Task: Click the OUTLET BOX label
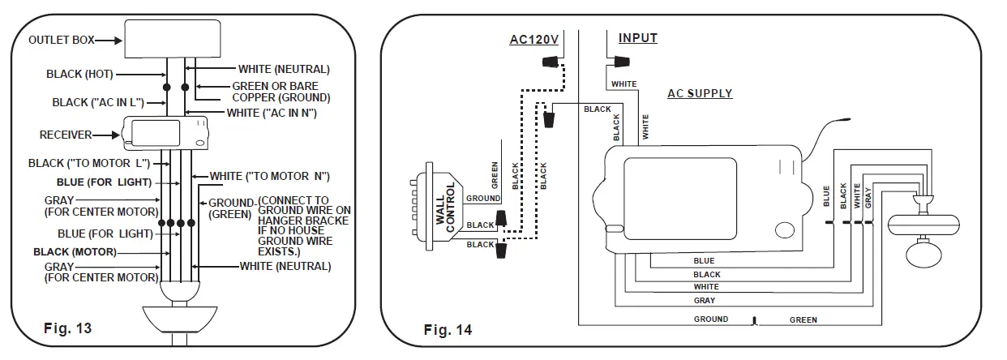[62, 40]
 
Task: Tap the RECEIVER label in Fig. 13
[66, 135]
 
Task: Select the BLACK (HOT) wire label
[79, 74]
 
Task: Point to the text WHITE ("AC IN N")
[272, 113]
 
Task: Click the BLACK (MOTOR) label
[75, 251]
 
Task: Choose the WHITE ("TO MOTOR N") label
[270, 176]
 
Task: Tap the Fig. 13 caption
[67, 328]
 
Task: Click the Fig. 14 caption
[448, 330]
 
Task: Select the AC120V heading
[534, 40]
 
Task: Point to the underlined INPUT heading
[638, 38]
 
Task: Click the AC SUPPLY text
[700, 93]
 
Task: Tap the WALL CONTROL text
[445, 208]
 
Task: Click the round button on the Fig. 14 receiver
[785, 230]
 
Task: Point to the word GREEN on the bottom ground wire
[803, 320]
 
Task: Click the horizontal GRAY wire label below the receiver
[705, 300]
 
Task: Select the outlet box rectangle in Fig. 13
[173, 39]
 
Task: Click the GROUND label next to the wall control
[483, 198]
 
